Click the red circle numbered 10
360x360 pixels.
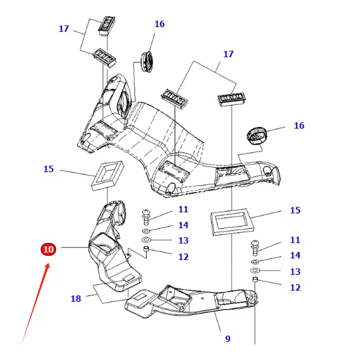pyautogui.click(x=48, y=249)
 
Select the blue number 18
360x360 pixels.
pyautogui.click(x=76, y=299)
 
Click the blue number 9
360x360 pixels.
pyautogui.click(x=227, y=338)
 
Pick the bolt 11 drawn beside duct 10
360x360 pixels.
pyautogui.click(x=146, y=217)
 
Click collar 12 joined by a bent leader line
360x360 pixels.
pyautogui.click(x=146, y=248)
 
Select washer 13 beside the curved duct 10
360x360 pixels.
pyautogui.click(x=146, y=240)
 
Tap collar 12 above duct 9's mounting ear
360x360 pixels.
pyautogui.click(x=255, y=280)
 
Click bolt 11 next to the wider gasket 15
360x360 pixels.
pyautogui.click(x=255, y=248)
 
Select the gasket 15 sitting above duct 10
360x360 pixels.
pyautogui.click(x=107, y=176)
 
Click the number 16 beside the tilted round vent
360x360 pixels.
pyautogui.click(x=299, y=126)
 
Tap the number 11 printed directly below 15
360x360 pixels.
pyautogui.click(x=295, y=240)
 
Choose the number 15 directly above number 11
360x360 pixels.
pyautogui.click(x=295, y=210)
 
